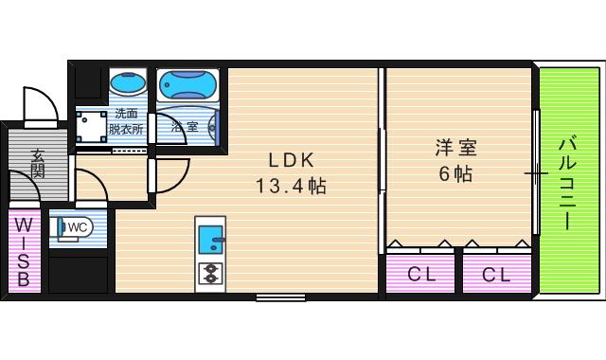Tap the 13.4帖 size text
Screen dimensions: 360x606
289,186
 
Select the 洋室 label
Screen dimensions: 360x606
455,149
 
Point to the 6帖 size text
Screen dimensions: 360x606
455,174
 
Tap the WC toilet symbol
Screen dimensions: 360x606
72,228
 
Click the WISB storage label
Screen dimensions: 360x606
25,252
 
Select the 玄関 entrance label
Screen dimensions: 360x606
38,162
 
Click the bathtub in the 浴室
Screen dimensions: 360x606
187,84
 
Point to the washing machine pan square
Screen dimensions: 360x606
92,126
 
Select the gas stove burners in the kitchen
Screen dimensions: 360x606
210,273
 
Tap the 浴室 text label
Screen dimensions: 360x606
184,125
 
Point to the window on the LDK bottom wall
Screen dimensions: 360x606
280,297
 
